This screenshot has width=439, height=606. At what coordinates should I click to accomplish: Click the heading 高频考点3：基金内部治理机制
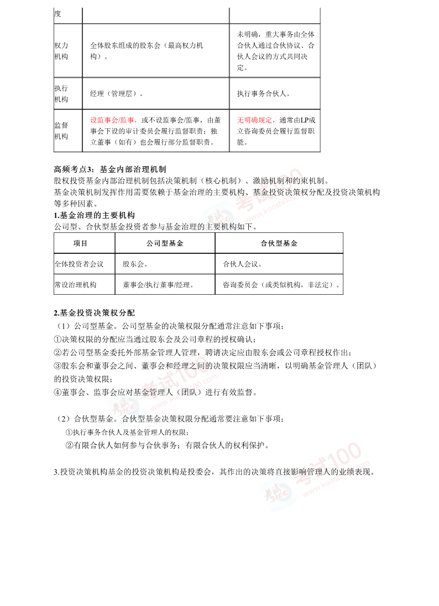point(110,169)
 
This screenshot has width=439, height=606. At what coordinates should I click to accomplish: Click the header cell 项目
point(80,243)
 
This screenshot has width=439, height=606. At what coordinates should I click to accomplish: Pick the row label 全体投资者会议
point(79,264)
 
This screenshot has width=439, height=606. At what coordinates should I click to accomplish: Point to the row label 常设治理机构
point(75,285)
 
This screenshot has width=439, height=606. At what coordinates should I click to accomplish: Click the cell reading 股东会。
point(135,264)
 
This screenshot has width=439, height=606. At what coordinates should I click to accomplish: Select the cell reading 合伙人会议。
point(242,264)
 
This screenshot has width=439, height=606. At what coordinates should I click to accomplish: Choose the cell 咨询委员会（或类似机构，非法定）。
point(281,285)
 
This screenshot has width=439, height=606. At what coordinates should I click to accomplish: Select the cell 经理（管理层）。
point(116,94)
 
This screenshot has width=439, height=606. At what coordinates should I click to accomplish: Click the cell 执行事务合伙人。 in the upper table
point(263,94)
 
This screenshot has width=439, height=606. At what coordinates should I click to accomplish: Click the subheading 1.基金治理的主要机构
point(95,215)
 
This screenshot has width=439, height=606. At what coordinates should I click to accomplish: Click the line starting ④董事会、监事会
point(155,392)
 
